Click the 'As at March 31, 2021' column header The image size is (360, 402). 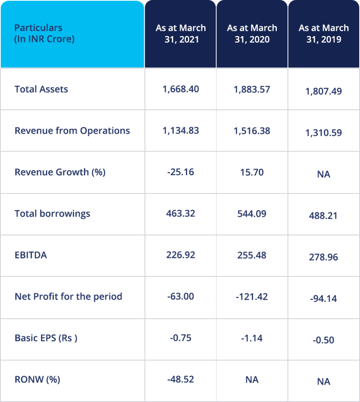[180, 34]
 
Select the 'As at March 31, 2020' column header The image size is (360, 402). [252, 34]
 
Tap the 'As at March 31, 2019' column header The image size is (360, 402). [324, 34]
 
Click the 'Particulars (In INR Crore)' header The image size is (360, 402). [44, 34]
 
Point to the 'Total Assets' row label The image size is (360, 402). [41, 89]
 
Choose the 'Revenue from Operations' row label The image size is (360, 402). [72, 131]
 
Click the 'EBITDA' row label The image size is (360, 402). [31, 255]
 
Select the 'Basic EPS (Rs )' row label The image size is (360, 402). [46, 338]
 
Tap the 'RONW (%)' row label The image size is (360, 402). [37, 380]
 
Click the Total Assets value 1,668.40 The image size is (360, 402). [181, 89]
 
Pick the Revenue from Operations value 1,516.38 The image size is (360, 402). [252, 131]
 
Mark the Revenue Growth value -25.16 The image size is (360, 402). [181, 172]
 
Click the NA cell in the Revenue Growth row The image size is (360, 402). [324, 174]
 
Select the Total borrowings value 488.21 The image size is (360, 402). [324, 216]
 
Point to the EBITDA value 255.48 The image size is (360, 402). [252, 255]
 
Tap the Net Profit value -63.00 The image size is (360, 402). [181, 296]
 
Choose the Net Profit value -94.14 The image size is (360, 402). [324, 299]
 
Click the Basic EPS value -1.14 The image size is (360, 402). [252, 338]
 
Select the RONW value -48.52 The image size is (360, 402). [181, 380]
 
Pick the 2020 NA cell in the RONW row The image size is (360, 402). [252, 380]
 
